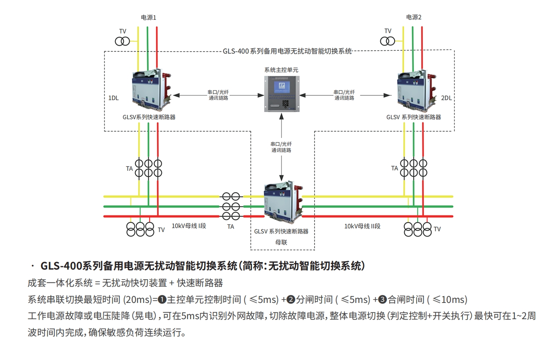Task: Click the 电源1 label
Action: (148, 17)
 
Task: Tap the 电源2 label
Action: (414, 17)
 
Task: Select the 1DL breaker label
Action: (113, 98)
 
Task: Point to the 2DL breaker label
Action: (446, 98)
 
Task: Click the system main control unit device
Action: (282, 94)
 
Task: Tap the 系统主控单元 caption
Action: (281, 70)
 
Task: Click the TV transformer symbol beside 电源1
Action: (122, 41)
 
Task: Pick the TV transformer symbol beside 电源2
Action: (387, 41)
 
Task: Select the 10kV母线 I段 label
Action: (189, 226)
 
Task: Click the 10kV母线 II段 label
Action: (362, 226)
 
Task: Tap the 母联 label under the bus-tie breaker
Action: (281, 242)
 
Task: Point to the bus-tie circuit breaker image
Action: (283, 202)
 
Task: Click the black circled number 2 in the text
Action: (291, 300)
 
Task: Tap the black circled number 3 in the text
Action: (382, 300)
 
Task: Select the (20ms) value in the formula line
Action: (137, 300)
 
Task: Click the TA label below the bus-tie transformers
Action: (230, 227)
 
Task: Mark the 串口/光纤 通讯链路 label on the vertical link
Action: (281, 147)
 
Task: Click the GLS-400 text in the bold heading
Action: (61, 266)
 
